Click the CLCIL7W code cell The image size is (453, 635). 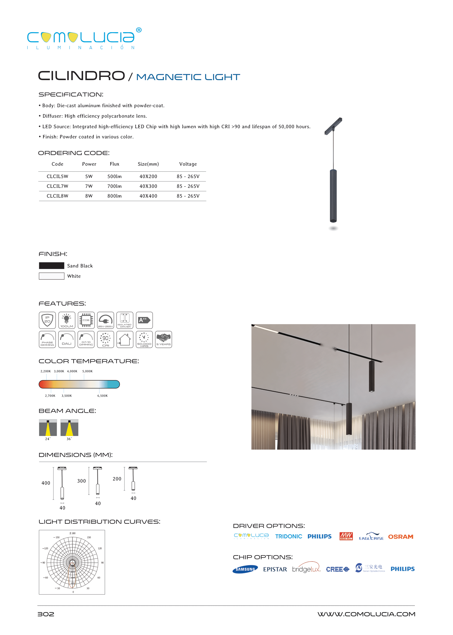click(57, 186)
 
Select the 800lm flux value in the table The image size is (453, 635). click(114, 196)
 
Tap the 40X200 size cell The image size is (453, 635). click(148, 176)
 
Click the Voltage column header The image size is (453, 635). click(188, 164)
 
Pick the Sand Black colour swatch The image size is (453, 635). click(51, 266)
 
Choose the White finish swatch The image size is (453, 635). click(51, 276)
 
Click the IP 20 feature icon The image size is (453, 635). click(47, 320)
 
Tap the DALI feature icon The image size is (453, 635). click(67, 339)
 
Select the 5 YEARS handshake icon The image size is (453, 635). click(164, 339)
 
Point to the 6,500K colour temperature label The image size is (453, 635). click(102, 396)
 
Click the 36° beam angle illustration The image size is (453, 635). click(69, 428)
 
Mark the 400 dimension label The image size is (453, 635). click(46, 483)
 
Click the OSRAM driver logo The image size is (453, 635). click(401, 537)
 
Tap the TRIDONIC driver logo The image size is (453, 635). click(288, 537)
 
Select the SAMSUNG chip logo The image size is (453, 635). click(245, 569)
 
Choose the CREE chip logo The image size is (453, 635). click(337, 569)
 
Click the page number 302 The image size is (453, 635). click(46, 614)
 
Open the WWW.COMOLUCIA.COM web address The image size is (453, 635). click(366, 614)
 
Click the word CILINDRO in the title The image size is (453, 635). click(81, 76)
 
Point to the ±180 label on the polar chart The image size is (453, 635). click(72, 533)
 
